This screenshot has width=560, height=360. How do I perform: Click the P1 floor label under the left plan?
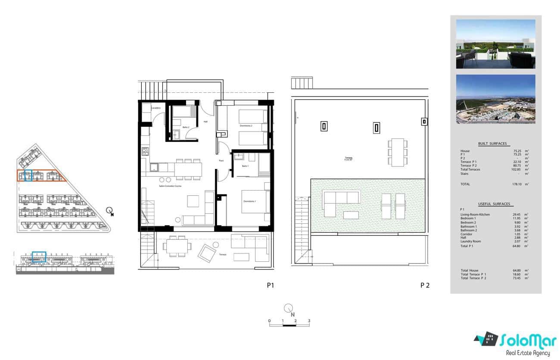tap(270, 285)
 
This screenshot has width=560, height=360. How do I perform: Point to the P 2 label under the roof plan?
tap(425, 285)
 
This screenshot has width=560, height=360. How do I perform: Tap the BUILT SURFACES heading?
tap(492, 144)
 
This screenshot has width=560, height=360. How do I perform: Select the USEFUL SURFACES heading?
tap(494, 204)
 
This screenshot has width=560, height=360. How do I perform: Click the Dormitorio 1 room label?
tap(249, 202)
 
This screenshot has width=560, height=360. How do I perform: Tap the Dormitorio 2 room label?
tap(246, 125)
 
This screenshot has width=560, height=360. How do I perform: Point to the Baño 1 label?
tap(245, 166)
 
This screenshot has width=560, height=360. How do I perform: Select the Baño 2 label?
tap(186, 127)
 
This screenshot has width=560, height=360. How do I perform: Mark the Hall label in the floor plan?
tap(205, 122)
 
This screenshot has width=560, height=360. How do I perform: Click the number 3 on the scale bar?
tap(309, 321)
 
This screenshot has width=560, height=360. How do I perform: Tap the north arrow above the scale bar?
tap(289, 309)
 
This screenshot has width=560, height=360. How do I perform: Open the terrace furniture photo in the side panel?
tap(495, 44)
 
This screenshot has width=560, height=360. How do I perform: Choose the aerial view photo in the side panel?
tap(495, 99)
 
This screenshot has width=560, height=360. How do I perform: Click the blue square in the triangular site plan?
tap(28, 175)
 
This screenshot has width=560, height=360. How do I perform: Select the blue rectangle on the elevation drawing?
tap(39, 257)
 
